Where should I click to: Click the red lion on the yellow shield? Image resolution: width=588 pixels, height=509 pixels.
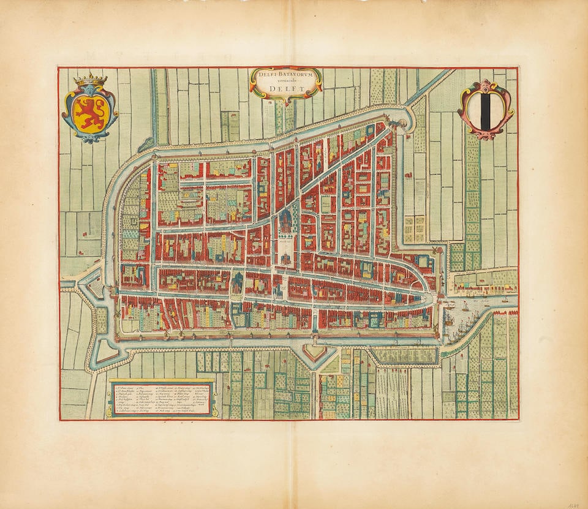[x=89, y=113]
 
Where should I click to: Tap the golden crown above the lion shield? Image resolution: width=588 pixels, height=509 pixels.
[x=90, y=80]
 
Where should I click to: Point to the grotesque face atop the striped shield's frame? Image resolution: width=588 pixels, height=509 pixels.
[x=486, y=85]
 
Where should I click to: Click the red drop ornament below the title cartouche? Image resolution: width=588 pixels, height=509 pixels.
[x=286, y=102]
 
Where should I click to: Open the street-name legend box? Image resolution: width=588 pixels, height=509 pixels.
[x=162, y=399]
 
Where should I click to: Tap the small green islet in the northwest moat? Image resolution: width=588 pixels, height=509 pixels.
[x=146, y=145]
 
